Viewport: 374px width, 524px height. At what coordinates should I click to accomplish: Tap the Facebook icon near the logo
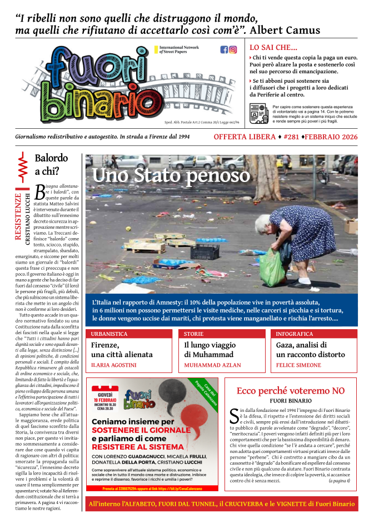coord(225,49)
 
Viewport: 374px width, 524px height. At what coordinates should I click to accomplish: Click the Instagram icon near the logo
coord(233,49)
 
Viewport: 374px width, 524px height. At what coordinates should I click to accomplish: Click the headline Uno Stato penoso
coord(171,175)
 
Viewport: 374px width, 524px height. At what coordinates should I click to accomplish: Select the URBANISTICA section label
coord(109,334)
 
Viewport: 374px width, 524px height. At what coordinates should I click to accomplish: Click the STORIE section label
coord(194,334)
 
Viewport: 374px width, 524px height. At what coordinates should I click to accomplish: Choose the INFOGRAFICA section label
coord(295,334)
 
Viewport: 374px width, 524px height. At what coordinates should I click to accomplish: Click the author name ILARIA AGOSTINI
coord(113,365)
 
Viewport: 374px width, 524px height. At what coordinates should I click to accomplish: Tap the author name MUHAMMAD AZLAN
coord(212,365)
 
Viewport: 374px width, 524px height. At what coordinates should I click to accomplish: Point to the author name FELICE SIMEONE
coord(300,365)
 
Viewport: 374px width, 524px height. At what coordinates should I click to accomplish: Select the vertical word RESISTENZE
coord(18,216)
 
